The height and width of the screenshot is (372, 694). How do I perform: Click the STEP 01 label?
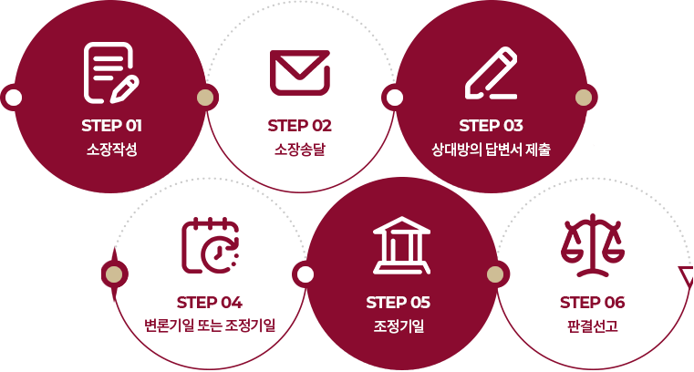tap(111, 126)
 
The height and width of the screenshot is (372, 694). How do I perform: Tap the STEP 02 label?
tap(300, 126)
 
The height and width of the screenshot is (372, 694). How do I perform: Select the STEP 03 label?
tap(491, 126)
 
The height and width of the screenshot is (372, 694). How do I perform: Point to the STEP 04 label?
tap(210, 303)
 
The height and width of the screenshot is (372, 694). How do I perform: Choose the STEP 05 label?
tap(398, 303)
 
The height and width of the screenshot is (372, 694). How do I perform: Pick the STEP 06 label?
tap(592, 303)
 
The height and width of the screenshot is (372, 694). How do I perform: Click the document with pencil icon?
tap(111, 73)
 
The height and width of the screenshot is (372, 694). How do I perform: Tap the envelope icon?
tap(300, 73)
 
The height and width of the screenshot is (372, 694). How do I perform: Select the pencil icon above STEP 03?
tap(492, 73)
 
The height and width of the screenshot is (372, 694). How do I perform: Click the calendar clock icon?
tap(211, 245)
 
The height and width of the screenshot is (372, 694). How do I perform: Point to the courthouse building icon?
tap(401, 245)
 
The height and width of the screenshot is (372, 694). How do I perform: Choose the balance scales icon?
tap(593, 245)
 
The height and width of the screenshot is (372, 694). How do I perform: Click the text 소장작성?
tap(111, 150)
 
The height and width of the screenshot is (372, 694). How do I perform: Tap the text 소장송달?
tap(300, 150)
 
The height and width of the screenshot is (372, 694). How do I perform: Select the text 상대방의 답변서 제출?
tap(491, 150)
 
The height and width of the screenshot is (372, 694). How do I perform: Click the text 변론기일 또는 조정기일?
tap(210, 325)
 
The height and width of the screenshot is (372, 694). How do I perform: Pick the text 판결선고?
tap(592, 326)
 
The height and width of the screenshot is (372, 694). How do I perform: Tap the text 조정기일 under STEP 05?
tap(399, 326)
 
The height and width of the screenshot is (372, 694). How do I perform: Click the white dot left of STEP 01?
tap(13, 98)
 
